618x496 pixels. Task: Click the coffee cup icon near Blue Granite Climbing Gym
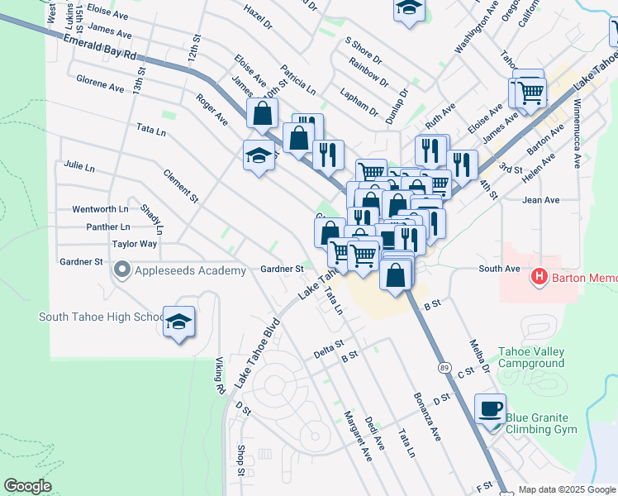tap(492, 409)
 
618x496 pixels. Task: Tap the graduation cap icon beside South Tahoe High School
tap(178, 323)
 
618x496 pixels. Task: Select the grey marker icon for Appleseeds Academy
tap(122, 270)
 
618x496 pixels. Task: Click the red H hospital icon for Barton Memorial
tap(540, 276)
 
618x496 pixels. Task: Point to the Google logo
tap(27, 487)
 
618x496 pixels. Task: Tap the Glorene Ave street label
tap(100, 83)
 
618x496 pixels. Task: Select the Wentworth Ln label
tap(100, 209)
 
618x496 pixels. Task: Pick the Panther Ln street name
tap(108, 227)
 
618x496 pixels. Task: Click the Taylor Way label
tap(135, 244)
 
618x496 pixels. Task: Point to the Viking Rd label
tap(220, 375)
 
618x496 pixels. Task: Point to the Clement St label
tap(181, 186)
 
